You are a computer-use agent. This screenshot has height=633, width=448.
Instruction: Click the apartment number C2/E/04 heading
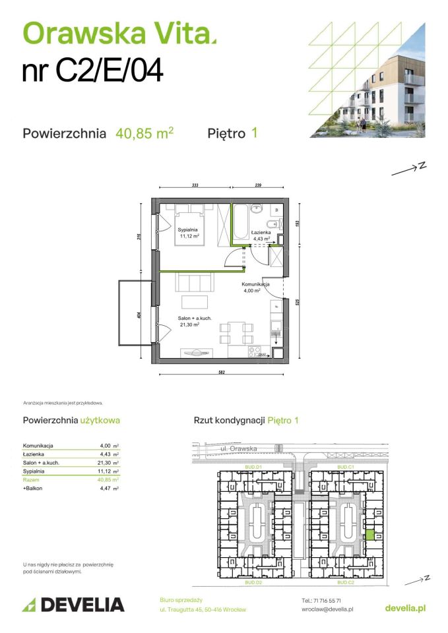(x=92, y=71)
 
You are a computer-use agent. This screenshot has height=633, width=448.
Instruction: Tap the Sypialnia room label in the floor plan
(x=188, y=230)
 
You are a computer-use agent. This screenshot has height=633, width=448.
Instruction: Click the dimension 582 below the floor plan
(x=222, y=374)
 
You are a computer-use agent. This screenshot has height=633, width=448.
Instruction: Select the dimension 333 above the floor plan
(x=195, y=186)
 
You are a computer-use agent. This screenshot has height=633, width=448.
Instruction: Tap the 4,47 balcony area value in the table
(x=107, y=489)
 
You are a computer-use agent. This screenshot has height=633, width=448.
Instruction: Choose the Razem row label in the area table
(x=31, y=480)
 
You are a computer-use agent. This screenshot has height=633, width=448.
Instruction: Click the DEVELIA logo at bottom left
(x=73, y=604)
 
